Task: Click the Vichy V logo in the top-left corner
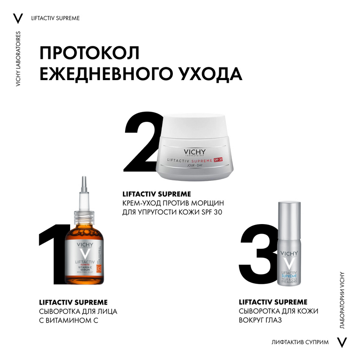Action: coord(18,18)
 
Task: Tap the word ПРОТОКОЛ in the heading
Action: coord(90,53)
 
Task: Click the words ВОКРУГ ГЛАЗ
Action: coord(266,321)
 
